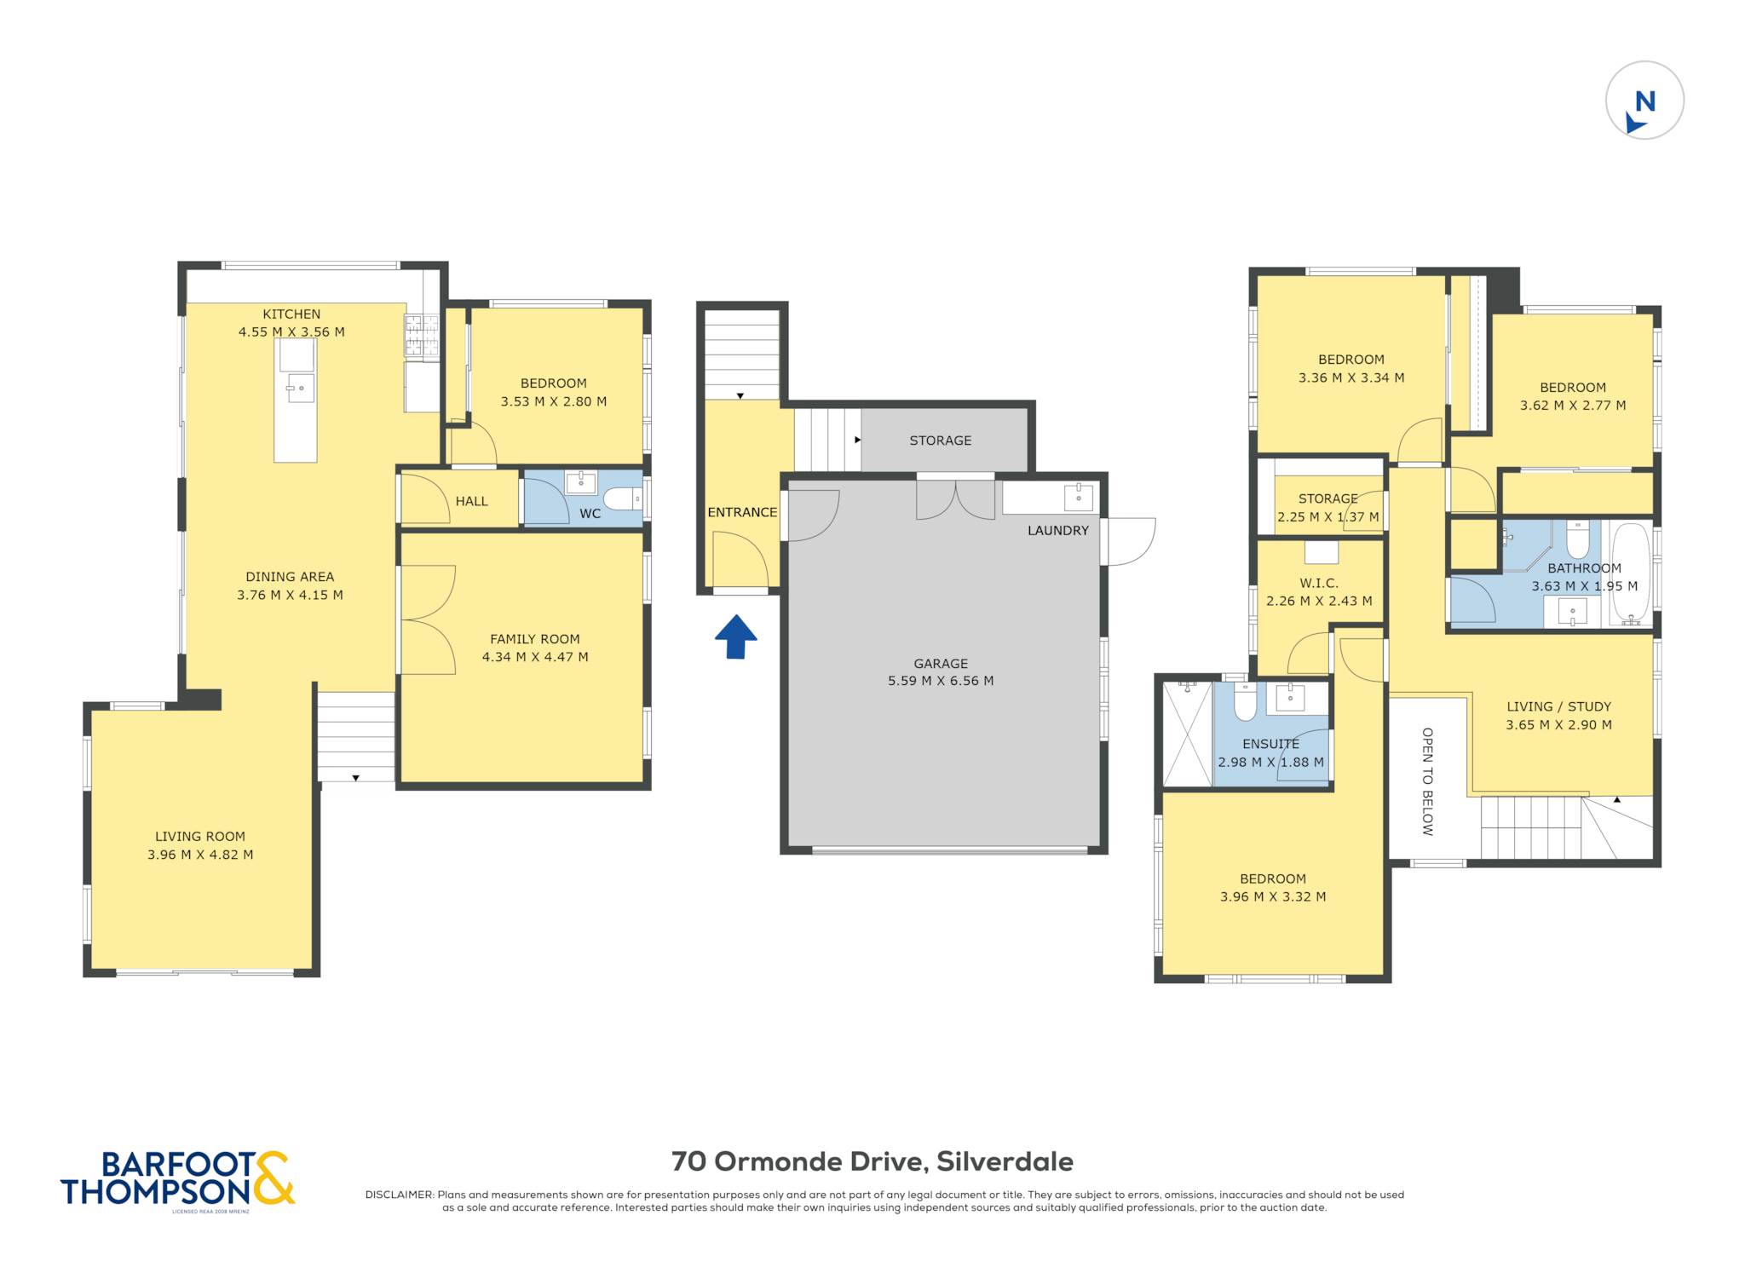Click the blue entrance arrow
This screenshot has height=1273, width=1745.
click(x=735, y=636)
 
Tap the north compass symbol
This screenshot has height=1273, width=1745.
click(x=1644, y=100)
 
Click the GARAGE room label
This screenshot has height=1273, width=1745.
click(x=941, y=663)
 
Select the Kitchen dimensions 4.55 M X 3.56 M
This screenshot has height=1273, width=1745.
click(x=291, y=332)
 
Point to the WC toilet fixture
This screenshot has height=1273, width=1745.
click(x=623, y=498)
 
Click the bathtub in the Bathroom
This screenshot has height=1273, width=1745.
click(x=1630, y=573)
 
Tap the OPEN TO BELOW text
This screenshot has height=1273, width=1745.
click(x=1427, y=781)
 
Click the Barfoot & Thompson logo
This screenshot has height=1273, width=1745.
click(x=177, y=1180)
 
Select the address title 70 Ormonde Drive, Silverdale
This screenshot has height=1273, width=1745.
click(x=872, y=1161)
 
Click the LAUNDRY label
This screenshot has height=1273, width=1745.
click(x=1057, y=530)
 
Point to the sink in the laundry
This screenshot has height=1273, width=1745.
click(x=1078, y=497)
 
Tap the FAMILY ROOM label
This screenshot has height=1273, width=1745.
click(x=534, y=639)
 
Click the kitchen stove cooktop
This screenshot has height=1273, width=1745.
click(x=422, y=335)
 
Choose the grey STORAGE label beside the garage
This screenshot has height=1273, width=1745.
click(x=940, y=441)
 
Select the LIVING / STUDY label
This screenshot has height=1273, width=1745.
click(x=1558, y=706)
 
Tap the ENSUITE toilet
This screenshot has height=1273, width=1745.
click(x=1245, y=700)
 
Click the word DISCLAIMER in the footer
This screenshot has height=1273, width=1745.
click(x=400, y=1195)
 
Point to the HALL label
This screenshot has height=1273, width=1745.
click(x=471, y=501)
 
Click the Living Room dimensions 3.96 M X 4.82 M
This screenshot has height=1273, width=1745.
click(x=200, y=855)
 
